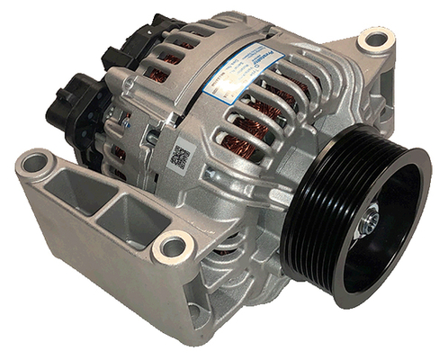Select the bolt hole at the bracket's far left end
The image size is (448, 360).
[x=35, y=163]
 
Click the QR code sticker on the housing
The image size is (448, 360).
[x=180, y=156]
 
